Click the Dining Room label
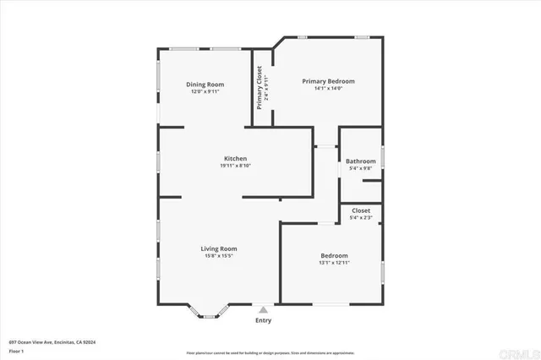[205, 84]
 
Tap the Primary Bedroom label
[328, 81]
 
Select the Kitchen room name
[235, 159]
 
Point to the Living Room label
[218, 248]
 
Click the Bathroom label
[360, 161]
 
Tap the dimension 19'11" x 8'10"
[235, 166]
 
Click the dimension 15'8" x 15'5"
[218, 256]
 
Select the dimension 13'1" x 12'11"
[334, 263]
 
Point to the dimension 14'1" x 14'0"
[328, 88]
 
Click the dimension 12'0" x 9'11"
[205, 91]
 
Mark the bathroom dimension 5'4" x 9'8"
[360, 168]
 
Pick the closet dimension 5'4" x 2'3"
[360, 218]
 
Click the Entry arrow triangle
[264, 310]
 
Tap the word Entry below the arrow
[264, 320]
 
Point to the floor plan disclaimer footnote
[270, 352]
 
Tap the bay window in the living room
[209, 314]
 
